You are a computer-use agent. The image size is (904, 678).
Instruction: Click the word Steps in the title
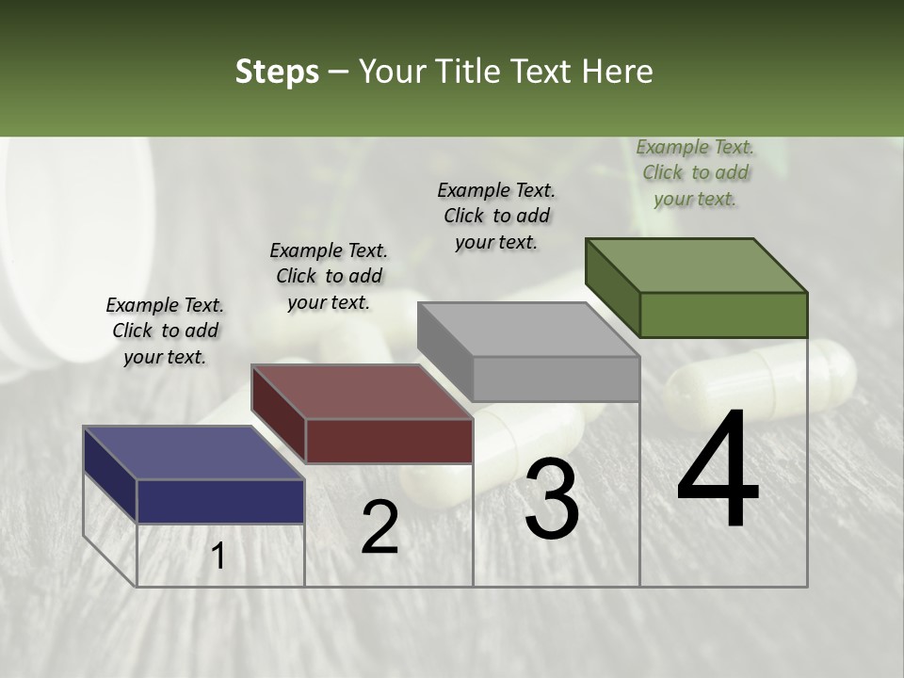(x=277, y=73)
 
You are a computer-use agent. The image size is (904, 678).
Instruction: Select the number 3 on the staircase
(x=551, y=499)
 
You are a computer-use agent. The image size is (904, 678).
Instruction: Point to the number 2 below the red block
(x=379, y=527)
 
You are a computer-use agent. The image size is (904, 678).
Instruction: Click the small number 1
(x=218, y=557)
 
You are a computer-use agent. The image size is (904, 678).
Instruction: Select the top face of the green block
(x=696, y=265)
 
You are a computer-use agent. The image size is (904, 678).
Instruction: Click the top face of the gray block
(x=528, y=330)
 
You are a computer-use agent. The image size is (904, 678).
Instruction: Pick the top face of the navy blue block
(x=194, y=453)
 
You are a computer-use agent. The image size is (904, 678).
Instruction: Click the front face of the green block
(x=723, y=315)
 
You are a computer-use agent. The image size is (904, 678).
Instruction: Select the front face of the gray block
(x=556, y=379)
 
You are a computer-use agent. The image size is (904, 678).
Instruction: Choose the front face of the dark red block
(x=389, y=441)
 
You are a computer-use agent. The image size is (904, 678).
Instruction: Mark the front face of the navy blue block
(x=221, y=501)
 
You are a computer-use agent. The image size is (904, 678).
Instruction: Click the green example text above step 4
(x=695, y=172)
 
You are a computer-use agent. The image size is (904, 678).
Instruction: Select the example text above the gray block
(x=496, y=216)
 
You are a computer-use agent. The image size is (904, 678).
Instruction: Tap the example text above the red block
(x=329, y=276)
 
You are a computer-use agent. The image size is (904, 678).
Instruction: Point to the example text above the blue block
(x=165, y=331)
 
